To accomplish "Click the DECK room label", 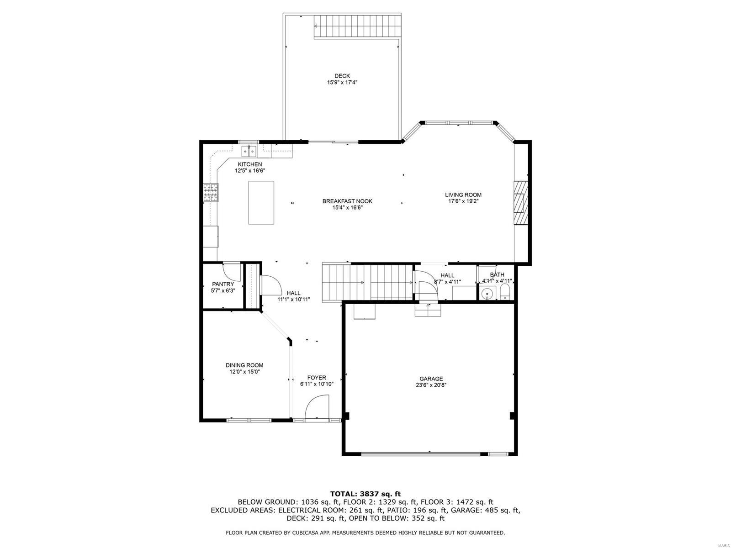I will (342, 76).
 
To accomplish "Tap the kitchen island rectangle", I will (261, 202).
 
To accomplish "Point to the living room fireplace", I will (520, 203).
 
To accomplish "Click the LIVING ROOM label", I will (463, 195).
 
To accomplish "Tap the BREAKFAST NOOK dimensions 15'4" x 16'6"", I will (347, 208).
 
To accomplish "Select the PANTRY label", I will (223, 284).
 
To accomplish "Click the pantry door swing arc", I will (232, 273).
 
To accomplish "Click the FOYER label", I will (317, 378).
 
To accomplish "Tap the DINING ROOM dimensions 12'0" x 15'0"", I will (244, 372).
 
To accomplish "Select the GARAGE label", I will (431, 379).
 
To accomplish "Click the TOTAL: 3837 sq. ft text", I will (365, 494).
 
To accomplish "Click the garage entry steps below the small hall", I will (428, 311).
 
